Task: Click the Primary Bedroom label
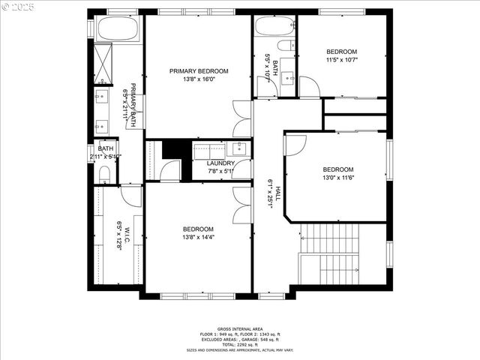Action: click(199, 71)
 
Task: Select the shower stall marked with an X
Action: click(103, 63)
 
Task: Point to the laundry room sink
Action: click(238, 147)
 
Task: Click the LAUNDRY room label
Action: click(220, 163)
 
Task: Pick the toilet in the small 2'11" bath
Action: click(104, 175)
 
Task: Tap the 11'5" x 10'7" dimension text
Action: click(342, 60)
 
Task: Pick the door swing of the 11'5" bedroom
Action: click(309, 87)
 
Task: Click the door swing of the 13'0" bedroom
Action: click(295, 145)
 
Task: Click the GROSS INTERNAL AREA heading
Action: click(239, 329)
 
